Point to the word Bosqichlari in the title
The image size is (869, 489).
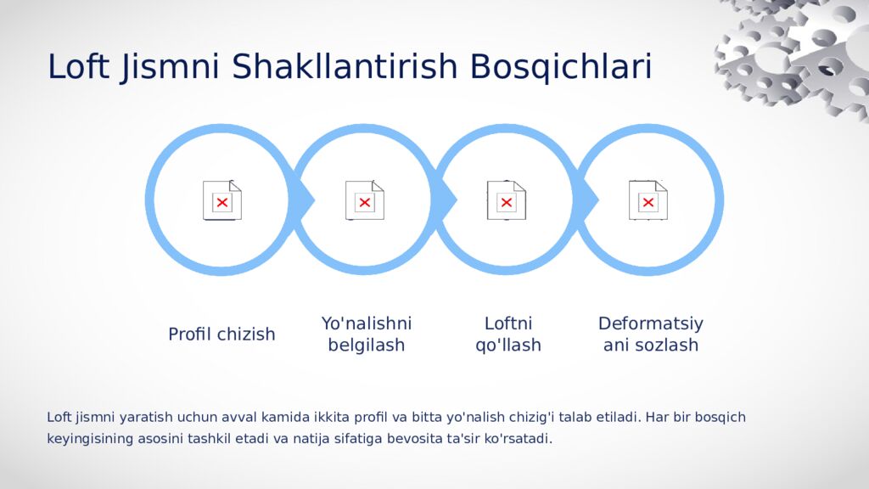561,67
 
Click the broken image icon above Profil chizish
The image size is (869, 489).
222,200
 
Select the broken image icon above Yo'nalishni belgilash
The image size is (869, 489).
365,200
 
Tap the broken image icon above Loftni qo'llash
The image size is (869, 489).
507,200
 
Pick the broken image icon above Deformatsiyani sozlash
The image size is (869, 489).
648,200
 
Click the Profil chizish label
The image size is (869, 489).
221,334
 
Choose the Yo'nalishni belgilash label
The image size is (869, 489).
367,334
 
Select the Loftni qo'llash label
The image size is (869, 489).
507,334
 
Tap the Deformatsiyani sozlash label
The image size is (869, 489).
651,334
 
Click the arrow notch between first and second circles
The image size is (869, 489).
306,200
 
